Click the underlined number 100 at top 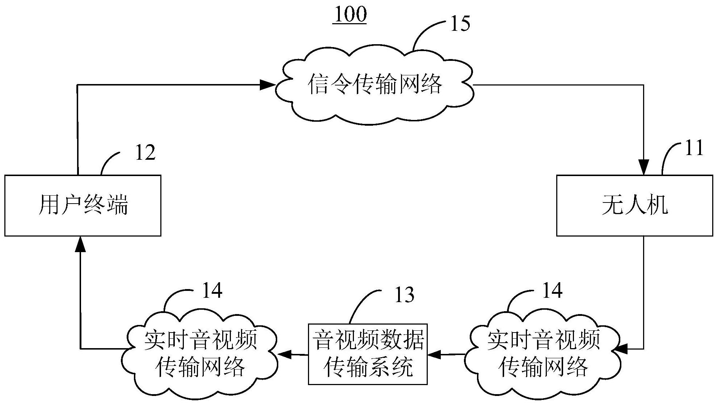pos(350,14)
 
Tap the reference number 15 pos(460,24)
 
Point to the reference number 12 pos(145,153)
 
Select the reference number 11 pos(694,148)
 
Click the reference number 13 pos(404,295)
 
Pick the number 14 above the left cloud pos(212,291)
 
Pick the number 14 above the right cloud pos(552,291)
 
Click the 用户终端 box pos(83,205)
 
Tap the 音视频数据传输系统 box pos(368,354)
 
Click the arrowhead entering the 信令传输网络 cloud pos(268,85)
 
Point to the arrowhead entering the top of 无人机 pos(643,168)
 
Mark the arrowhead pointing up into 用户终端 pos(80,244)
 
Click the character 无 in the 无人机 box pos(612,206)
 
